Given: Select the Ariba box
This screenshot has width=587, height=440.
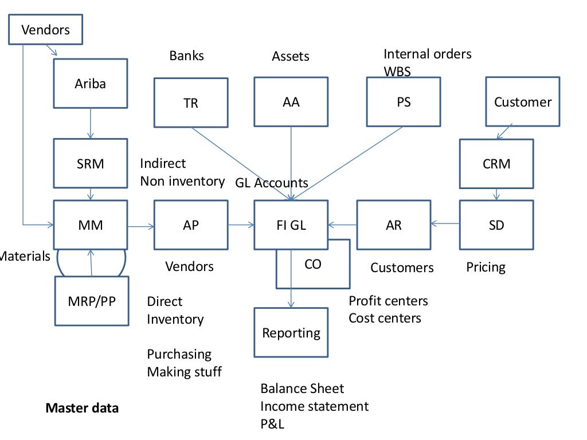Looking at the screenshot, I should [x=91, y=83].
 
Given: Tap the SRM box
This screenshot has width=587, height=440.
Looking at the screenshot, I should [x=91, y=163].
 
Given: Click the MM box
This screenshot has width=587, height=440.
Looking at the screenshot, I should [x=91, y=225].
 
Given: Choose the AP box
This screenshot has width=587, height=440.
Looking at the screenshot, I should [x=191, y=225].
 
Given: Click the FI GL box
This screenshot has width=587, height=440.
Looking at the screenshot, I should [x=291, y=225].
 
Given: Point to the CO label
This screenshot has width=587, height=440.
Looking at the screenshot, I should [x=313, y=264].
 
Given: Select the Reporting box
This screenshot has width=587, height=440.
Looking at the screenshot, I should [x=291, y=332].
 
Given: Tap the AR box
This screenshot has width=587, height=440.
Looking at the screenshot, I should [x=393, y=225].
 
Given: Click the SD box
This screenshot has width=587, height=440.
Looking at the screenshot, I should [x=496, y=225].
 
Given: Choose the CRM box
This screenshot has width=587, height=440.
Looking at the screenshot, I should [x=496, y=163].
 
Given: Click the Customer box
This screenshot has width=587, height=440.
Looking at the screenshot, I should [x=523, y=102].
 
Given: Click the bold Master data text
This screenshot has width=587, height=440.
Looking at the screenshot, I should [x=82, y=408].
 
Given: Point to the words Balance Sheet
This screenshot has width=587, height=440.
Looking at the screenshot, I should [x=302, y=388].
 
